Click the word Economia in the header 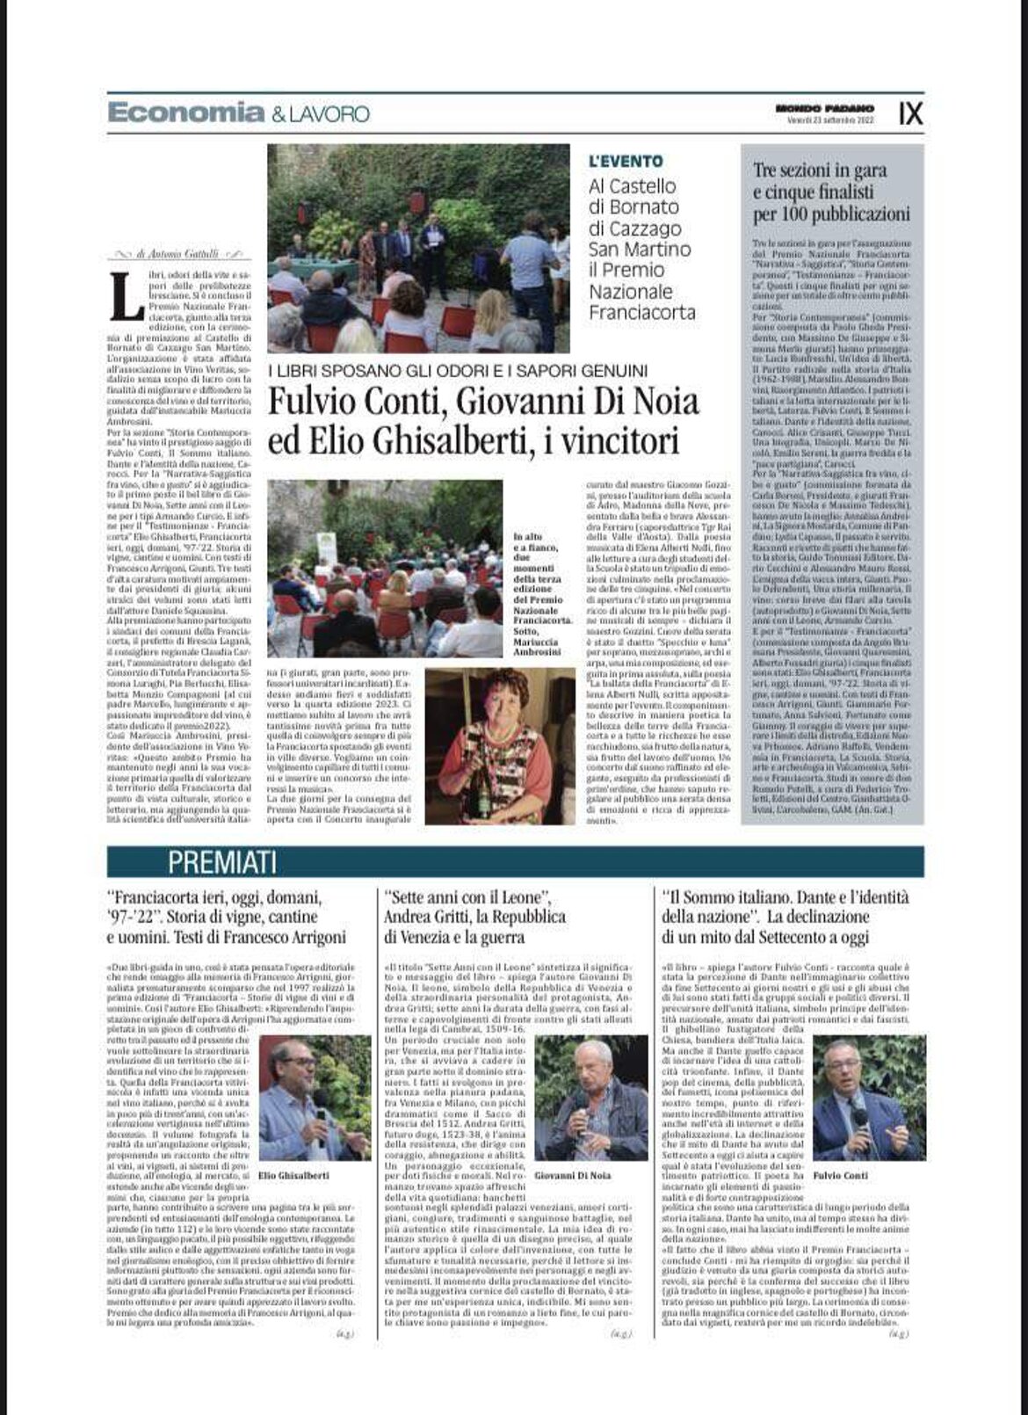(185, 113)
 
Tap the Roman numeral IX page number (910, 112)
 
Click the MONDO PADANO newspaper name (813, 107)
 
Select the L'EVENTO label (626, 162)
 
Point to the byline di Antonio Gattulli (180, 254)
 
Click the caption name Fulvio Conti (840, 1175)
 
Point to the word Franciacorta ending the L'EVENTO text (641, 313)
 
